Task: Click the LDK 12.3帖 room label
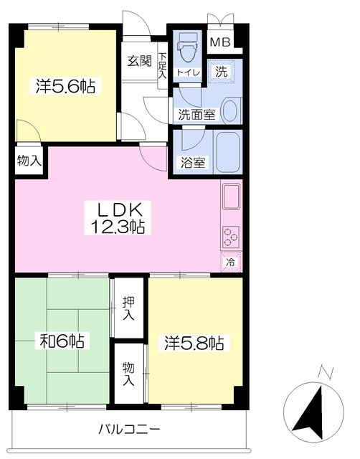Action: point(118,217)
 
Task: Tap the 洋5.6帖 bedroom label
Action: point(65,86)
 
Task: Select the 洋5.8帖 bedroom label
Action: point(194,343)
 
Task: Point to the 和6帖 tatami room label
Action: point(62,341)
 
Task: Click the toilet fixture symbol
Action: point(187,47)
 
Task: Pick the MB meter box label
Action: point(220,42)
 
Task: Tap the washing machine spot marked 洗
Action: point(222,72)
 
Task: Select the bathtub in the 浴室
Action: point(228,152)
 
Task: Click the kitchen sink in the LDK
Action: point(232,196)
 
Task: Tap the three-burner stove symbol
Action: point(231,236)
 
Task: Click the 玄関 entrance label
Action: point(139,61)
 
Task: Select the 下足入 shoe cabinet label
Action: point(163,65)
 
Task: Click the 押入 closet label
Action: point(128,308)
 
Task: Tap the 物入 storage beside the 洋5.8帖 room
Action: point(128,374)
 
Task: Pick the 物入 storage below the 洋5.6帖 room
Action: point(29,161)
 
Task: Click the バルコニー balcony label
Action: point(129,430)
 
